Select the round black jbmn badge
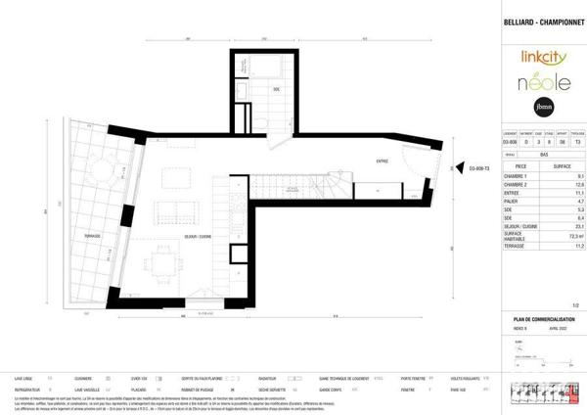pyautogui.click(x=542, y=107)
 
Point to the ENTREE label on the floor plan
pyautogui.click(x=382, y=162)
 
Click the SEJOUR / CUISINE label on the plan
pyautogui.click(x=198, y=238)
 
